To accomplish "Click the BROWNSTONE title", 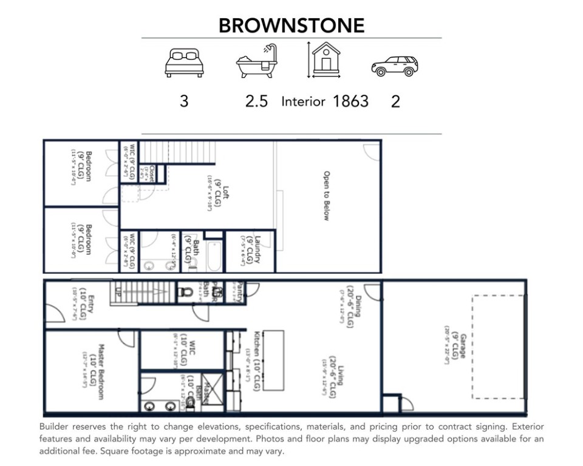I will (291, 25).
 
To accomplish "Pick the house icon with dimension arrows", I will (326, 60).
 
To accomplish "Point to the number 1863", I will (350, 101).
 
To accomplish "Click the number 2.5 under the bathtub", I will (256, 101).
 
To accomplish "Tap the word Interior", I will (303, 101).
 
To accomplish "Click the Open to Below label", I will (326, 195).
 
